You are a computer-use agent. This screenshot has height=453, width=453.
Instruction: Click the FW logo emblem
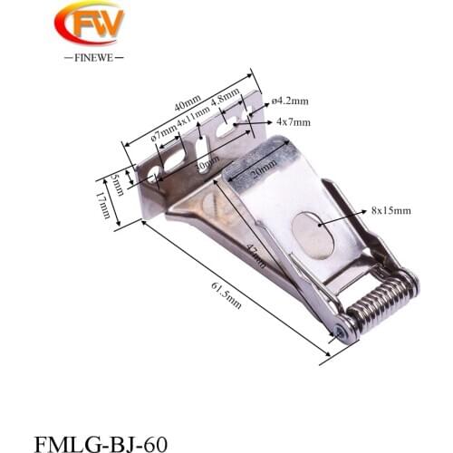pyautogui.click(x=89, y=24)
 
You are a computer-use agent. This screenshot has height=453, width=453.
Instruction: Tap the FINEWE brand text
pyautogui.click(x=89, y=56)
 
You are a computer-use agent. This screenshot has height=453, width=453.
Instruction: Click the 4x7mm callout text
pyautogui.click(x=294, y=121)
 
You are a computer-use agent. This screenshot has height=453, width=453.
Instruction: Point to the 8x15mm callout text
pyautogui.click(x=390, y=210)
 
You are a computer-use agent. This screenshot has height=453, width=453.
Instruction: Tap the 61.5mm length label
pyautogui.click(x=226, y=295)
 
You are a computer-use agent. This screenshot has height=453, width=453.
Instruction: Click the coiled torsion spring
pyautogui.click(x=381, y=300)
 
